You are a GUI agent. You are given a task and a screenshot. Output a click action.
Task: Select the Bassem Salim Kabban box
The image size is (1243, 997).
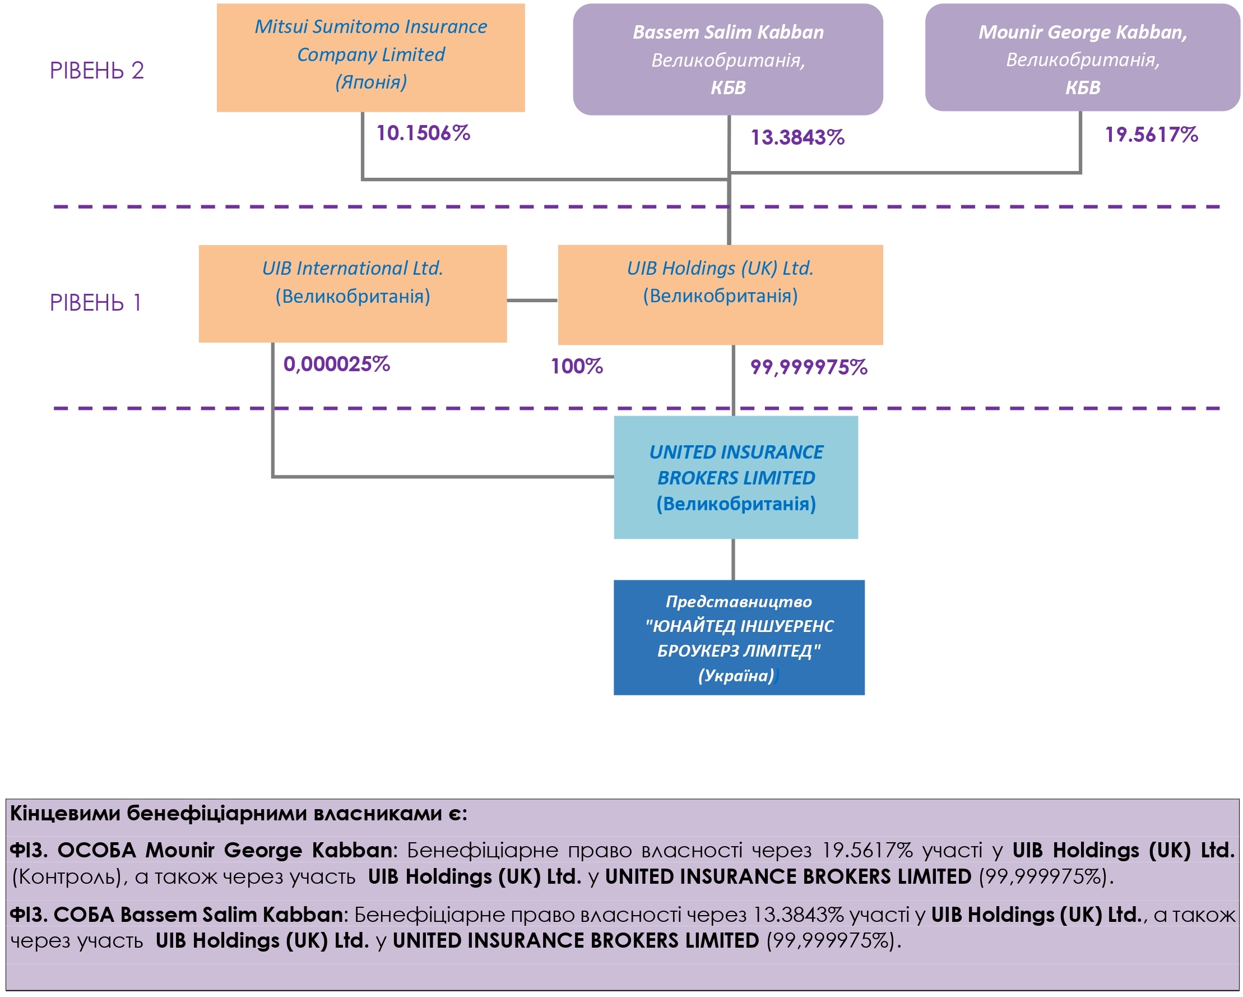tap(727, 59)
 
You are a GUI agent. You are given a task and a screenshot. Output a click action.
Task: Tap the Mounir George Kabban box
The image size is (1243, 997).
tap(1082, 58)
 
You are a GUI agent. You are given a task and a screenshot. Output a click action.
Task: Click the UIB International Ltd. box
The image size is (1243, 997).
tap(353, 294)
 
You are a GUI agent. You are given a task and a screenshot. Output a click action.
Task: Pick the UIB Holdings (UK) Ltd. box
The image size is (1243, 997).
tap(720, 295)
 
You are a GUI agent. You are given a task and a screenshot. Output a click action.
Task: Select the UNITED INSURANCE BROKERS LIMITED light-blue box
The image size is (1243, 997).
tap(736, 477)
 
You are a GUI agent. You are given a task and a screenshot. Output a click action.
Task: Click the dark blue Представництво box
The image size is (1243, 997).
tap(739, 638)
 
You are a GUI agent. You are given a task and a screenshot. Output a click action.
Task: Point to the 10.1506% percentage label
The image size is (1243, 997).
tap(423, 133)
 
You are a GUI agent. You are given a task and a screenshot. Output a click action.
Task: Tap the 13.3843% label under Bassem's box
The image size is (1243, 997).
tap(797, 137)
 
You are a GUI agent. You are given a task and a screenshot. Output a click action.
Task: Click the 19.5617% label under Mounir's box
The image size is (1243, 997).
tap(1151, 135)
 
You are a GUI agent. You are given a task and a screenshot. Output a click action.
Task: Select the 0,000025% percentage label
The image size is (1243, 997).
tap(337, 364)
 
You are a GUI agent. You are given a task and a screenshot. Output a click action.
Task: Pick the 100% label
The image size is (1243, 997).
tap(577, 366)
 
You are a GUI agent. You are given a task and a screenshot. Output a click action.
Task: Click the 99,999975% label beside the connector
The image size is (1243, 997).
tap(808, 367)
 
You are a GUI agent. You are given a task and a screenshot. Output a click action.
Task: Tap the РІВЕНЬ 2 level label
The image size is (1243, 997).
tap(97, 71)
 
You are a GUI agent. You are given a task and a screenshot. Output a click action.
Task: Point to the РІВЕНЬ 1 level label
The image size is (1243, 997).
tap(96, 303)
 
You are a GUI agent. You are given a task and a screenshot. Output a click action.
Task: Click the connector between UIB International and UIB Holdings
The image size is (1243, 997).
tap(532, 300)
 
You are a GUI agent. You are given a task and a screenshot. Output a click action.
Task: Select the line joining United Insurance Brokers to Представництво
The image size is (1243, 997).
tap(733, 559)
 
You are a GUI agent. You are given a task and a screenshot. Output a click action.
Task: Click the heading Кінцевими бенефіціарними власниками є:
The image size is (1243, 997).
tap(239, 813)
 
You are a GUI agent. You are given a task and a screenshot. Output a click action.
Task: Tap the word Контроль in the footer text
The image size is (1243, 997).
tap(67, 877)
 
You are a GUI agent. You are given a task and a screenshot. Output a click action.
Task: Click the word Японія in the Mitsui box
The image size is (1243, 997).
tap(372, 82)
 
